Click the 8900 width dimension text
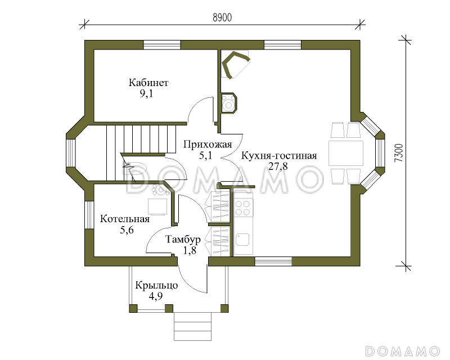pos(223,17)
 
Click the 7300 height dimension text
pos(398,152)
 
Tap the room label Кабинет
pos(148,83)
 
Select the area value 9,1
pos(147,94)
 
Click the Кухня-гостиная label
pos(279,156)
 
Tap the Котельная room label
pos(125,219)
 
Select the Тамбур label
pos(183,239)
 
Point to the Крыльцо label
pos(156,285)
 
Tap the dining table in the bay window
pos(345,153)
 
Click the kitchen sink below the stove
pos(244,241)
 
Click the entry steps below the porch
pos(193,326)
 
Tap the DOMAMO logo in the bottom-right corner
pos(402,350)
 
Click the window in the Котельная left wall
pos(89,215)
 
